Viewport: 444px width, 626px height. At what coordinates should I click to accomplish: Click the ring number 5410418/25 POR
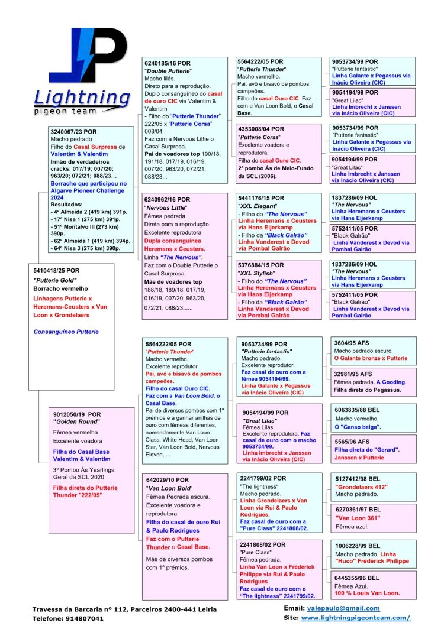57,270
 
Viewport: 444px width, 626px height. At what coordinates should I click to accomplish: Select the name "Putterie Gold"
55,280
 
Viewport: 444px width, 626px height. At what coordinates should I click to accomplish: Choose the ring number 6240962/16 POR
168,199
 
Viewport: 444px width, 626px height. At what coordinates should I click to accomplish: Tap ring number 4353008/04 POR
260,128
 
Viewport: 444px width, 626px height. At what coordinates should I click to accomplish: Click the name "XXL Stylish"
256,274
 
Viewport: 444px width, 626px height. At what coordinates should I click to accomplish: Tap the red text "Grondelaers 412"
361,487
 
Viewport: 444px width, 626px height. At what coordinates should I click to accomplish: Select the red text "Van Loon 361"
357,518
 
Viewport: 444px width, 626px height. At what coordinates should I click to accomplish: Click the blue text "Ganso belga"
359,427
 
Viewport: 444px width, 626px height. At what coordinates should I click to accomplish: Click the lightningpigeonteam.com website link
355,618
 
